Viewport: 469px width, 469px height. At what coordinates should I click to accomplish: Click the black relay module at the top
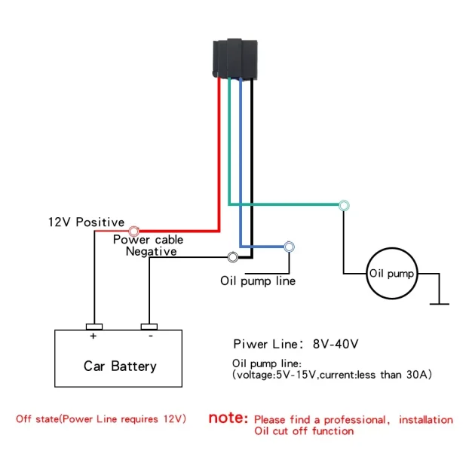(x=234, y=57)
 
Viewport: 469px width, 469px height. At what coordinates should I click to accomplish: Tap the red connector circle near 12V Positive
(x=133, y=231)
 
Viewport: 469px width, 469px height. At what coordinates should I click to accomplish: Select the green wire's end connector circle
(x=344, y=205)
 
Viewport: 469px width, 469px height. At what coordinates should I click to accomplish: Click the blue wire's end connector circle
(x=289, y=246)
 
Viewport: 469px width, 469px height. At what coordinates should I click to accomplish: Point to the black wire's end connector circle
(x=233, y=258)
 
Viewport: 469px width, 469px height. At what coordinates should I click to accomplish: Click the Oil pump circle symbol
(x=391, y=274)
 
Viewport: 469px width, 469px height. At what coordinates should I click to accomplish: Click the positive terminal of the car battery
(x=94, y=327)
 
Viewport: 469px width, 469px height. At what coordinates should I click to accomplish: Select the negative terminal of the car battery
(x=149, y=327)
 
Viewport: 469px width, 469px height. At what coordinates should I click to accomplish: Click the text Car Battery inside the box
(x=120, y=366)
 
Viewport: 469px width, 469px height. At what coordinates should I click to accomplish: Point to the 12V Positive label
(x=85, y=222)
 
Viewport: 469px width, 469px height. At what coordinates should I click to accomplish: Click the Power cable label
(x=148, y=240)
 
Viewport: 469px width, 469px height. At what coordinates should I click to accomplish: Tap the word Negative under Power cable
(x=151, y=251)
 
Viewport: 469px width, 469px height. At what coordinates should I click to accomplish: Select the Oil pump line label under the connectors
(x=257, y=281)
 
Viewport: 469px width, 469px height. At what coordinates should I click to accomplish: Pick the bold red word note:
(x=228, y=418)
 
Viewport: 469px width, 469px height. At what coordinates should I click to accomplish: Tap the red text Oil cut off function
(x=303, y=431)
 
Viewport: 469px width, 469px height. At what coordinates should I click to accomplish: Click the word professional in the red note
(x=354, y=419)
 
